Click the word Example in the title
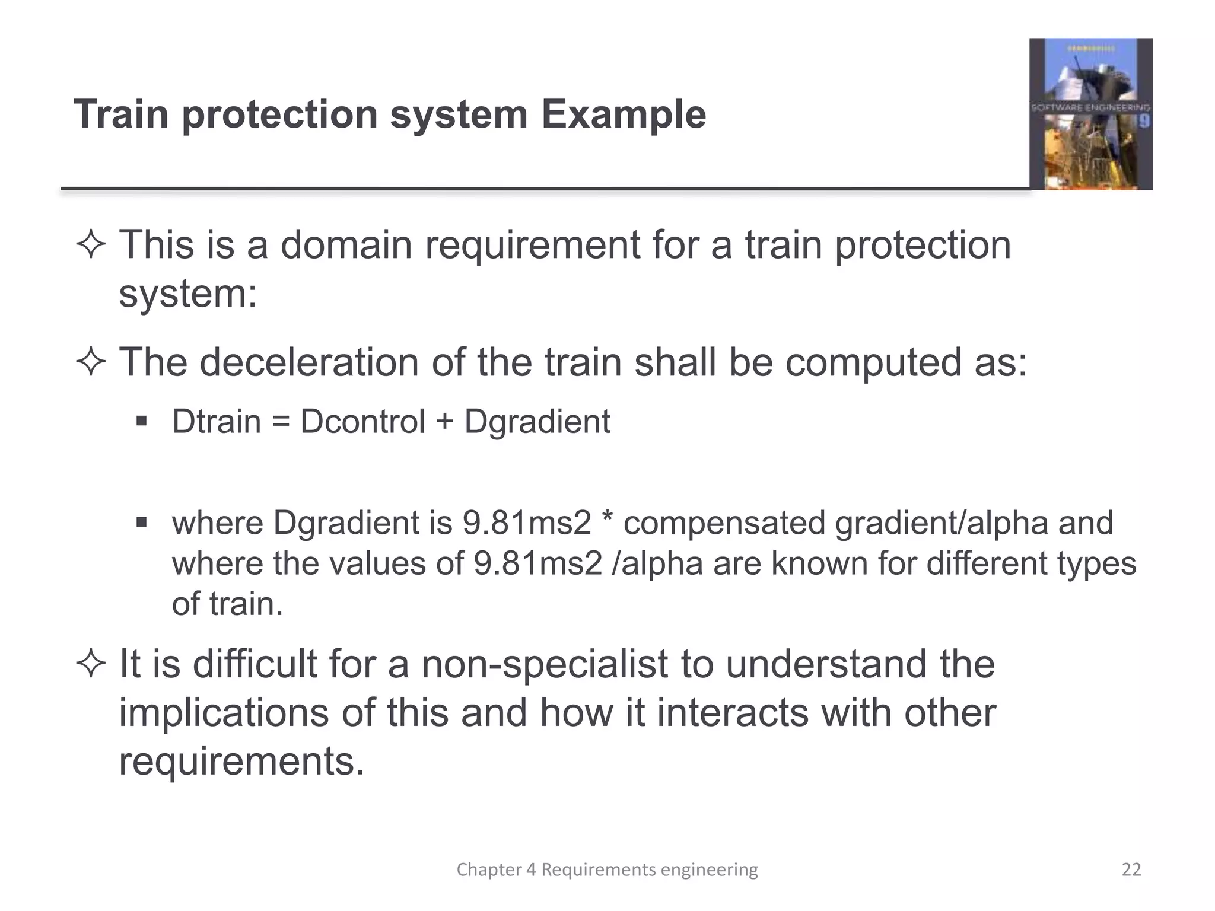[623, 114]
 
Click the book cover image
[1090, 114]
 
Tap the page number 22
[1131, 869]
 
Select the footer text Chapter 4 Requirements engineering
[607, 869]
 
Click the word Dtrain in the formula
[216, 422]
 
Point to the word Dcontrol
[362, 422]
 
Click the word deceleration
[309, 362]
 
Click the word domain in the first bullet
[346, 245]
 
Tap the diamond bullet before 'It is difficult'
[91, 664]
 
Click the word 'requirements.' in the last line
[241, 762]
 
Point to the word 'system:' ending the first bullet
[187, 294]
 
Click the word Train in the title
[121, 114]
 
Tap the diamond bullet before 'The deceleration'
[91, 362]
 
